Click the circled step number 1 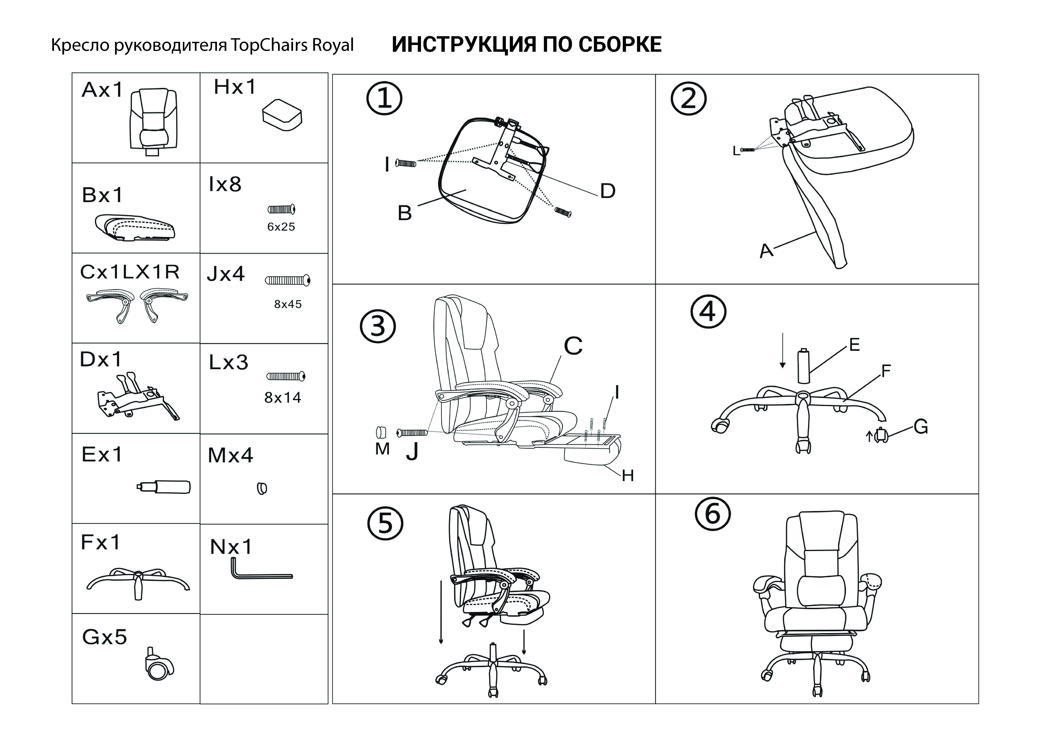pos(384,98)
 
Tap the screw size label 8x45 pos(288,304)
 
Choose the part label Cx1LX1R pos(130,272)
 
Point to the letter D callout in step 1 pos(608,191)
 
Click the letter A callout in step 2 pos(766,251)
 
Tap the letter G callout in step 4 pos(921,427)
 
